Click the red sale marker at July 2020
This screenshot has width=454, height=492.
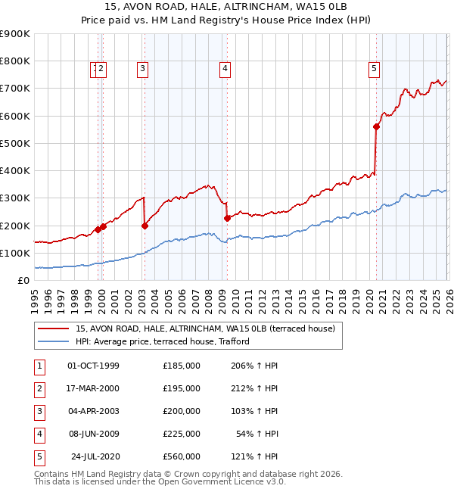click(x=376, y=127)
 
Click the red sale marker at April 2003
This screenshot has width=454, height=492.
click(x=145, y=226)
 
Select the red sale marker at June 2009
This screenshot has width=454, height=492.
click(x=227, y=219)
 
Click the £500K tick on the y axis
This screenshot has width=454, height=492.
click(x=15, y=143)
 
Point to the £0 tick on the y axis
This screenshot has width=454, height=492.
click(x=24, y=281)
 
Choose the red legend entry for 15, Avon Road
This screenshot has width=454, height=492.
click(x=205, y=329)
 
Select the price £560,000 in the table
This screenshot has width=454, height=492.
click(x=182, y=456)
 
